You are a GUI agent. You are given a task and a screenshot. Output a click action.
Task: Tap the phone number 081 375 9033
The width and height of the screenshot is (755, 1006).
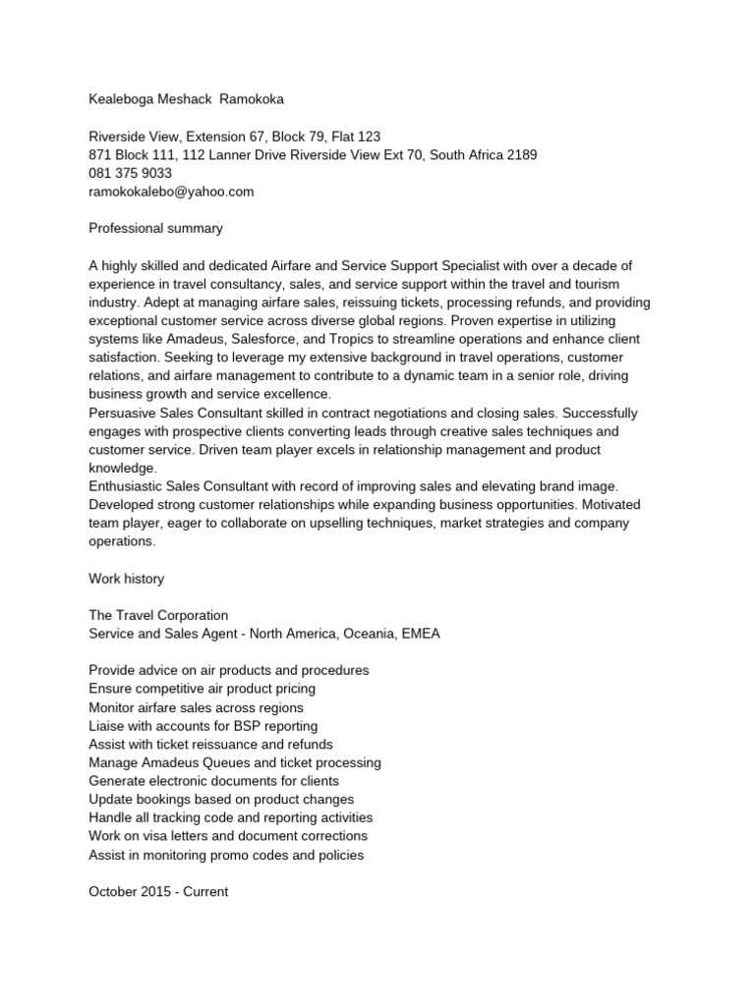pos(130,173)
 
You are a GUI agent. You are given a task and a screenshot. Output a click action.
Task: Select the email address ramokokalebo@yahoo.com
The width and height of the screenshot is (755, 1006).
pos(171,192)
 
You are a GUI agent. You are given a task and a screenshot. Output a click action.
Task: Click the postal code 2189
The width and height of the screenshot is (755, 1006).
pos(521,155)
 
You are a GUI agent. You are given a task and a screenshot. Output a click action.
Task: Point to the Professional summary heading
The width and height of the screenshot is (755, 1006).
pos(155,228)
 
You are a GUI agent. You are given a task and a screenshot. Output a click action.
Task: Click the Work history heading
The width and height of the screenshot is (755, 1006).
pos(126,579)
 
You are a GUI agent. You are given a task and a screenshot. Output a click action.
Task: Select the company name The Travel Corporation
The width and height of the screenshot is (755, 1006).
pos(158,615)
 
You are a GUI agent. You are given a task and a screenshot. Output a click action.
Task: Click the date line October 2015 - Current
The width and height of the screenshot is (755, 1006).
pos(158,892)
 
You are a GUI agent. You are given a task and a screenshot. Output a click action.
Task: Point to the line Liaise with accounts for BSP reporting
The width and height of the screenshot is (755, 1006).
pos(203,726)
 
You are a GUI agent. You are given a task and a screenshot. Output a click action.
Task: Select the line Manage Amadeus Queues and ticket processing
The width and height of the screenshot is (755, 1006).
pos(234,762)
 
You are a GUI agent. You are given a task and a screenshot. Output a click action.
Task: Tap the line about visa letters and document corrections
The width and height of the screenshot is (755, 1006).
pos(227,836)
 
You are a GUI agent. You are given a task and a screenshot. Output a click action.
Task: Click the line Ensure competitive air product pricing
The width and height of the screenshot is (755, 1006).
pos(202,689)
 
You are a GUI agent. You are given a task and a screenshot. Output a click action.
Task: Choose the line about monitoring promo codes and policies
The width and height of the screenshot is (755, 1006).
pos(226,855)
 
